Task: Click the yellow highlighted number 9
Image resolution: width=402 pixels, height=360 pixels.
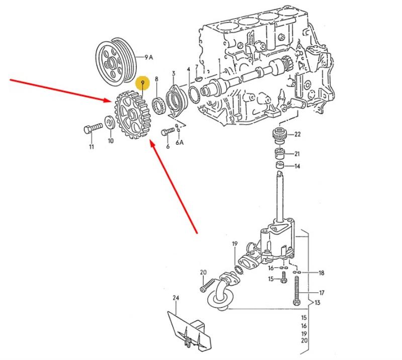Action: (143, 81)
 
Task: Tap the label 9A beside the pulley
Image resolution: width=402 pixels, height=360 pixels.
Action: (149, 58)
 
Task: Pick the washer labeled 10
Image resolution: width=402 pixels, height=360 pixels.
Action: (108, 122)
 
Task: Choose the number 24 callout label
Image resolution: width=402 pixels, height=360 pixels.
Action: (175, 298)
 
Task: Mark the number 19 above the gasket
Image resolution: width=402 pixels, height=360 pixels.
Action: (234, 244)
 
